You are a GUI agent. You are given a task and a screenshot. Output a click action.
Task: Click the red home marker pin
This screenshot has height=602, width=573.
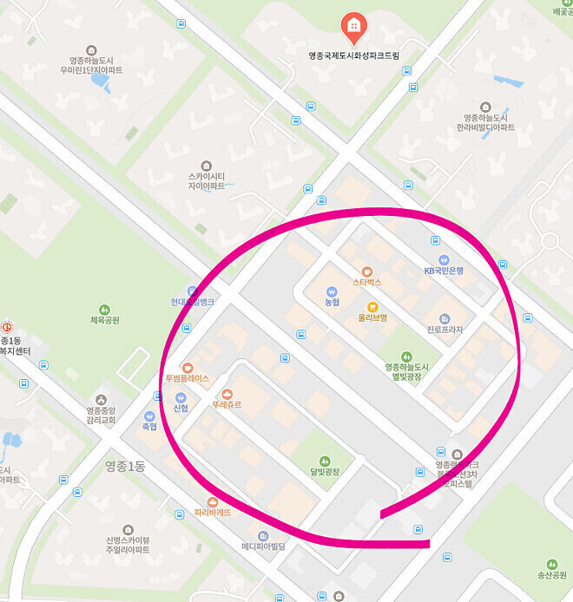pos(353,26)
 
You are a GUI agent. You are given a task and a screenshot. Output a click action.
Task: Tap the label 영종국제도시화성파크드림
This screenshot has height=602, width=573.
pos(354,55)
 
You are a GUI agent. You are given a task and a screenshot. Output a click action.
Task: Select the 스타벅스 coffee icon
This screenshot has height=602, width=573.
pos(366,271)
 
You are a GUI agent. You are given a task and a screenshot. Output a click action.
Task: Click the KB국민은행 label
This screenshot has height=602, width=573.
pos(444,271)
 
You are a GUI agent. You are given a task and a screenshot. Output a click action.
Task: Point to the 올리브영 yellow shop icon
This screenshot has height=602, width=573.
pos(372,306)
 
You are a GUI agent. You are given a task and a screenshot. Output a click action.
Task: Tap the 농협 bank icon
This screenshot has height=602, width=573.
pos(332,291)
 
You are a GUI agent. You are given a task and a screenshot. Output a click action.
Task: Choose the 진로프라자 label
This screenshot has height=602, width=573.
pos(445,330)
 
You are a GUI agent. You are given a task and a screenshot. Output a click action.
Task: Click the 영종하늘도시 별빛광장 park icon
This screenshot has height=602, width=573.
pos(406,356)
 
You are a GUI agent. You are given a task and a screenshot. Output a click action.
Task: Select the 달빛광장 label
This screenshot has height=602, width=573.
pos(325,471)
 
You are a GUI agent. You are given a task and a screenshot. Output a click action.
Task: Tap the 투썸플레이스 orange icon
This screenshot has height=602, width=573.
pos(187,367)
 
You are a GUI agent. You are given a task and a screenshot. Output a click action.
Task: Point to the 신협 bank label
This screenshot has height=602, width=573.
pos(181,409)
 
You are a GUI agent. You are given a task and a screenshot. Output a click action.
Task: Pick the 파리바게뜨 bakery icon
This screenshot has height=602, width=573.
pos(212,501)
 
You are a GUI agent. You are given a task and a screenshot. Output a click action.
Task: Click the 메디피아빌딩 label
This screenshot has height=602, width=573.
pos(263,546)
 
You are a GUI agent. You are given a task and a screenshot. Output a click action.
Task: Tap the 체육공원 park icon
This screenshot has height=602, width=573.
pos(105,309)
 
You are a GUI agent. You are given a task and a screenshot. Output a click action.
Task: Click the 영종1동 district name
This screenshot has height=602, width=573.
pos(124,466)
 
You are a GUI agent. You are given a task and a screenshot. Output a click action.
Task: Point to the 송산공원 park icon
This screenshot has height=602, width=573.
pos(551,564)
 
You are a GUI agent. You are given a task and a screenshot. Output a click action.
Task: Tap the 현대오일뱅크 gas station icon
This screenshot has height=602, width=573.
pos(192,291)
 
